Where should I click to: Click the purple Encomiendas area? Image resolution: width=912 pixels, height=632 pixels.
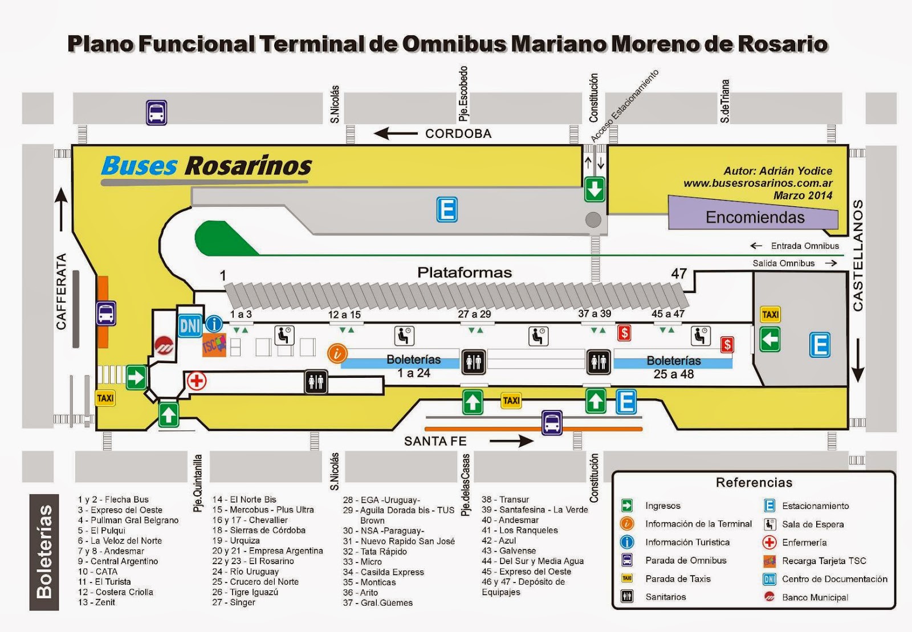click(754, 217)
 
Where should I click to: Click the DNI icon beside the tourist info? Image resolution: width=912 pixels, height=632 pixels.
click(190, 325)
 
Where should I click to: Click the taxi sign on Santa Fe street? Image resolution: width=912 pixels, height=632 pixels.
click(511, 401)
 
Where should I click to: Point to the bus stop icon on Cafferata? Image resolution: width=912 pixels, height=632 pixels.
click(106, 313)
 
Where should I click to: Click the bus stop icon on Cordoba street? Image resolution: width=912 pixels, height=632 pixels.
click(156, 112)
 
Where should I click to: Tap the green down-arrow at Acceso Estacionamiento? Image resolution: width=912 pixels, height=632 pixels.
click(595, 189)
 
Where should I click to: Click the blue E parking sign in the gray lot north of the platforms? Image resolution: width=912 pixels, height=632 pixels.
click(447, 209)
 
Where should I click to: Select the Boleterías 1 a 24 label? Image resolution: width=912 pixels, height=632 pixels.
click(413, 366)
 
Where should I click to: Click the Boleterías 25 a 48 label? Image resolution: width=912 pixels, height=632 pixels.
click(673, 367)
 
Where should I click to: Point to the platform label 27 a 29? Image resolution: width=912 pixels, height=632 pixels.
click(474, 314)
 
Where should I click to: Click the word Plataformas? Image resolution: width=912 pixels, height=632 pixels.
click(465, 272)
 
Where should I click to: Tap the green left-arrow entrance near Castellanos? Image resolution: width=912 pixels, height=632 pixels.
click(769, 340)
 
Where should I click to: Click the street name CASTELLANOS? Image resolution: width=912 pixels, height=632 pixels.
click(858, 255)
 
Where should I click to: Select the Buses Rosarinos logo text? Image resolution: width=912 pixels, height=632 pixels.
click(206, 166)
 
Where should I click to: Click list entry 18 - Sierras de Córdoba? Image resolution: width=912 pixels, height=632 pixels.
click(259, 530)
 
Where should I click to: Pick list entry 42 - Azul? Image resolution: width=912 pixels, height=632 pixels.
click(499, 540)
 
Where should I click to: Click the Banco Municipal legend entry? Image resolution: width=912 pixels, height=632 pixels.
click(815, 597)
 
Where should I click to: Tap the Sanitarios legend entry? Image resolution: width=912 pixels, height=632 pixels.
click(665, 597)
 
